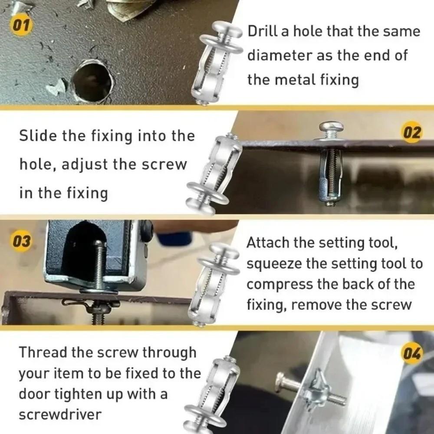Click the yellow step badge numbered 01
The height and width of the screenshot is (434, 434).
pos(20,25)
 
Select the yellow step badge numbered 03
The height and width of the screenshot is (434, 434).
pos(20,241)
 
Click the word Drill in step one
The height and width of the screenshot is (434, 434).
pos(263,32)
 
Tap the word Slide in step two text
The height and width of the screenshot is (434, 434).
pos(38,136)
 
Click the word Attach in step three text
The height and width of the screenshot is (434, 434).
pos(268,243)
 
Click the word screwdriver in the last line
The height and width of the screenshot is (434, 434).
pos(60,414)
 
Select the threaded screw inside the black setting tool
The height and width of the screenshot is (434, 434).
pos(99,265)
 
